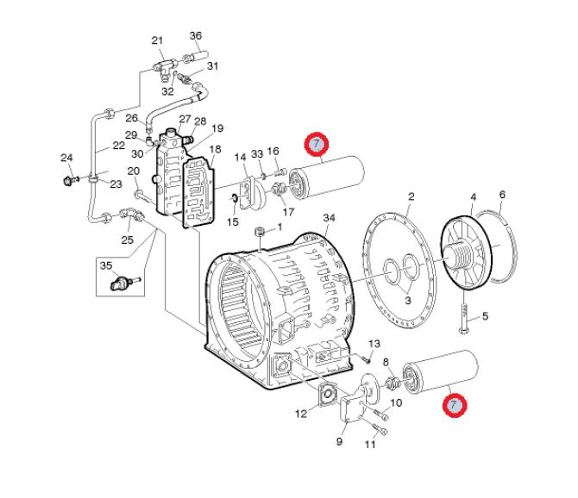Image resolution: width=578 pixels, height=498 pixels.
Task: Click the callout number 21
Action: point(157,40)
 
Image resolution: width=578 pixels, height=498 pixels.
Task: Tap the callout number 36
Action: point(195,35)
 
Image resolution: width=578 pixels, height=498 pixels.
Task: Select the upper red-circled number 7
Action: point(317,143)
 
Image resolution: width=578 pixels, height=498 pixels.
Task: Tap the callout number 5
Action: point(485,316)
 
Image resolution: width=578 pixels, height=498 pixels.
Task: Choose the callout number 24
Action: point(66,158)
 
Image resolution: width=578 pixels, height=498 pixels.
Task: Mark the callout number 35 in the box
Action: point(106,265)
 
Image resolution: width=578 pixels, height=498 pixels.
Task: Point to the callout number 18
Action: point(216,149)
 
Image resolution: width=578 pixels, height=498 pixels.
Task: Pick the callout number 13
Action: point(374,344)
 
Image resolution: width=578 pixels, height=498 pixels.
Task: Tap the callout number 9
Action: point(339,442)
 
